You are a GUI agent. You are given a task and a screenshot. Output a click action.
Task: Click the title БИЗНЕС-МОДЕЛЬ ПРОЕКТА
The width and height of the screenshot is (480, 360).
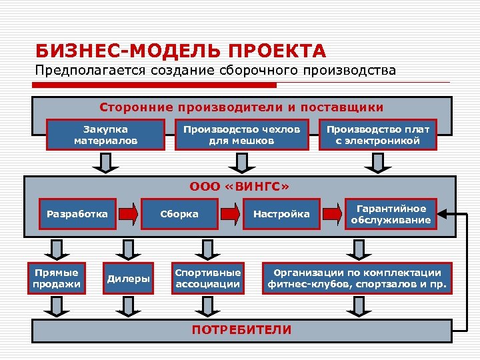tap(181, 51)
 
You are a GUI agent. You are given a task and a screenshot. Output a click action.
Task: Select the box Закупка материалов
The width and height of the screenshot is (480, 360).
tap(105, 135)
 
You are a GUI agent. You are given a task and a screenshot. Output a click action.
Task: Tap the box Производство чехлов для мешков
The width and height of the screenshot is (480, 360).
tap(241, 135)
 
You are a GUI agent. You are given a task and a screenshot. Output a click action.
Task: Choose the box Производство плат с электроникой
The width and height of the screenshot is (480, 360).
tap(377, 135)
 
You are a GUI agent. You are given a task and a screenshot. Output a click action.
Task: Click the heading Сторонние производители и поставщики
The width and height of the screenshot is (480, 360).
tap(241, 107)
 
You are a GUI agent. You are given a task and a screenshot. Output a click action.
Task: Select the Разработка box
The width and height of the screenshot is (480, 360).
tap(77, 214)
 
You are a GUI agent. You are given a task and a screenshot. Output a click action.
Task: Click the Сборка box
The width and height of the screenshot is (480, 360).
tap(179, 214)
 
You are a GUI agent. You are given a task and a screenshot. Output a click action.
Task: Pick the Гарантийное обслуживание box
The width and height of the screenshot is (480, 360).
tap(391, 214)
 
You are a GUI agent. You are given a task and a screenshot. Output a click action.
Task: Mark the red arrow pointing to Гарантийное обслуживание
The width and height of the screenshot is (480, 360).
tap(332, 214)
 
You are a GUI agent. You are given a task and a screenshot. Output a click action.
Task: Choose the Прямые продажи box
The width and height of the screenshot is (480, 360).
tap(57, 279)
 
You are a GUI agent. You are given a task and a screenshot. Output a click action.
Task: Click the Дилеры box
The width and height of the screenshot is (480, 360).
tap(128, 279)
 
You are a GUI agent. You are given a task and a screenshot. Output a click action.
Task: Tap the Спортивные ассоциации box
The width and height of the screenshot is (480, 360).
tap(207, 279)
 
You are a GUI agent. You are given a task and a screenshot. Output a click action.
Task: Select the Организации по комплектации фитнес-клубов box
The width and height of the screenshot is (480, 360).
tap(357, 279)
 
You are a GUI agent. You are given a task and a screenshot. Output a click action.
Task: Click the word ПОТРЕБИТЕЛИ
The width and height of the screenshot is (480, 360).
tap(241, 330)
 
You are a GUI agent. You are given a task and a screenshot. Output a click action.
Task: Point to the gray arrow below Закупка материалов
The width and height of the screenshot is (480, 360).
tap(105, 162)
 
